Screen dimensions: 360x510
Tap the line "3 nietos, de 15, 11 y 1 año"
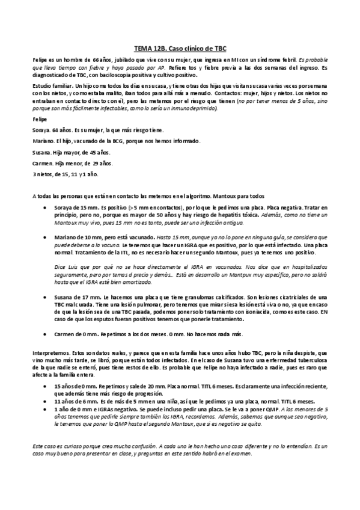[x=63, y=174]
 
